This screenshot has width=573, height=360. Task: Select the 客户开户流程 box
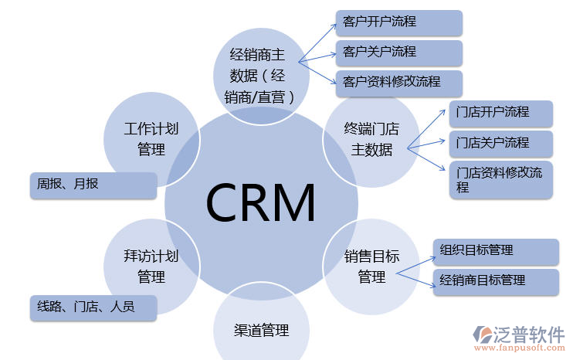398,22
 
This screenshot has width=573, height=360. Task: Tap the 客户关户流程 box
398,53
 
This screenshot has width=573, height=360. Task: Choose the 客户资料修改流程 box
398,83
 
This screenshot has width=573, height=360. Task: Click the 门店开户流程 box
500,113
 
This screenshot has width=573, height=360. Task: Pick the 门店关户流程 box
500,143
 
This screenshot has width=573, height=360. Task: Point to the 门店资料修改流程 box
500,179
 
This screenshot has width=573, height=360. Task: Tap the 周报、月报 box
92,185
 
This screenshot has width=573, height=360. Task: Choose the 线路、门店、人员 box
93,307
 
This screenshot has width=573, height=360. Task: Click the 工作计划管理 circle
151,139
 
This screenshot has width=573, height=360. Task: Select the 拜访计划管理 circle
151,265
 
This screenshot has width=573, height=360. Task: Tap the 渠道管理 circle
261,330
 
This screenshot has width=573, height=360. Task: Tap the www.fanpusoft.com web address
519,350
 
